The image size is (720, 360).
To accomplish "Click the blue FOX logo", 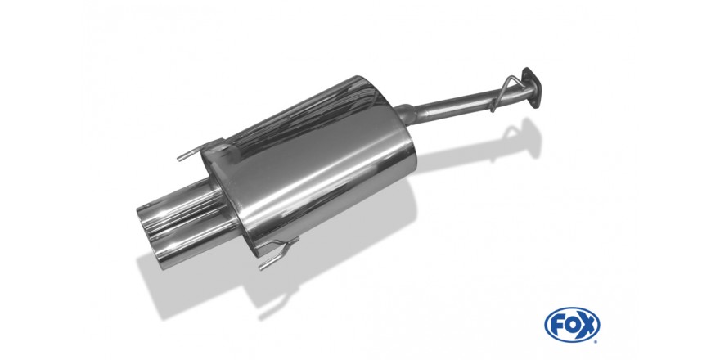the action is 572,325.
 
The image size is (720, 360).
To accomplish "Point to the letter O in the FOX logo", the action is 572,325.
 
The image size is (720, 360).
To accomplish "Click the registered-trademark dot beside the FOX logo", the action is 596,341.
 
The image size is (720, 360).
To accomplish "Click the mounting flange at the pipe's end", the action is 532,88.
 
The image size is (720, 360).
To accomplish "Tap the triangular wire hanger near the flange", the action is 504,93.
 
